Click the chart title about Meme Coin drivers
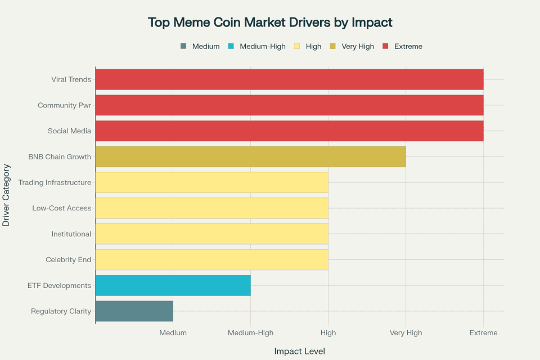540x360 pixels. coord(270,22)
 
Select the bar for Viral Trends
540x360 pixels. coord(289,79)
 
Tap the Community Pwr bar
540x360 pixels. coord(289,105)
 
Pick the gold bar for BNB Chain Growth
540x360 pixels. coord(250,156)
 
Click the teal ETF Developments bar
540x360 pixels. coord(173,286)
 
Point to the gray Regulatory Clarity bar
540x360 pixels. coord(134,311)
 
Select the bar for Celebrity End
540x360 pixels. coord(211,260)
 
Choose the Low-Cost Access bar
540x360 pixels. coord(211,208)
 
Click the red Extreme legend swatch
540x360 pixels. coord(386,46)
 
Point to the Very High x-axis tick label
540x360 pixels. coord(406,333)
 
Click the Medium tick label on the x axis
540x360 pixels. coord(173,333)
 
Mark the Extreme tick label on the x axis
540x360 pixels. coord(483,333)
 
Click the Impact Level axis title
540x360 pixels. coord(299,351)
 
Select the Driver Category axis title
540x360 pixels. coord(7,195)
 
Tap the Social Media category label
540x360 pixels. coord(69,131)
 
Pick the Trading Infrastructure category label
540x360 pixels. coord(55,183)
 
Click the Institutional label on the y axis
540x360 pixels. coord(71,234)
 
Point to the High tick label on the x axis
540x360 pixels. coord(328,333)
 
